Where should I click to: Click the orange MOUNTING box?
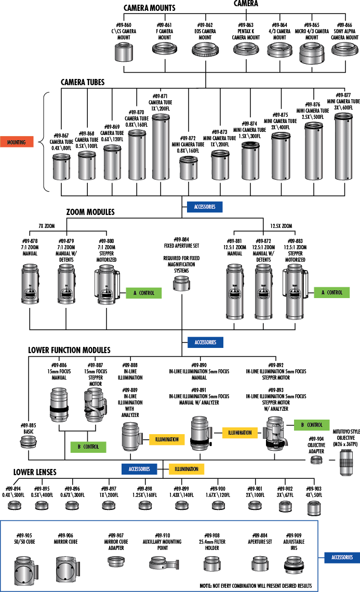click(17, 142)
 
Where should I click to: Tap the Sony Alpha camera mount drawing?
click(344, 50)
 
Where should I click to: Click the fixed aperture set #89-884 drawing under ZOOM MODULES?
click(181, 284)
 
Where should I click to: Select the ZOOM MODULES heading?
click(90, 212)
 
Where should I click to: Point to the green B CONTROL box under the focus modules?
click(88, 446)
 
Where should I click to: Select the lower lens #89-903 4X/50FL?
click(313, 507)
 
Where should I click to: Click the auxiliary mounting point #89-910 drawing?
click(163, 563)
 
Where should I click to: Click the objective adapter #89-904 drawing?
click(315, 460)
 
